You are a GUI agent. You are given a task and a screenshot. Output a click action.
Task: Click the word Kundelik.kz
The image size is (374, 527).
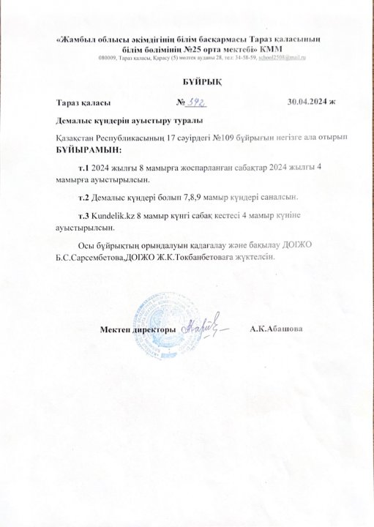(x=113, y=217)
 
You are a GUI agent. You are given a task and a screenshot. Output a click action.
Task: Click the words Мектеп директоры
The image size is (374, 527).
(x=137, y=331)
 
